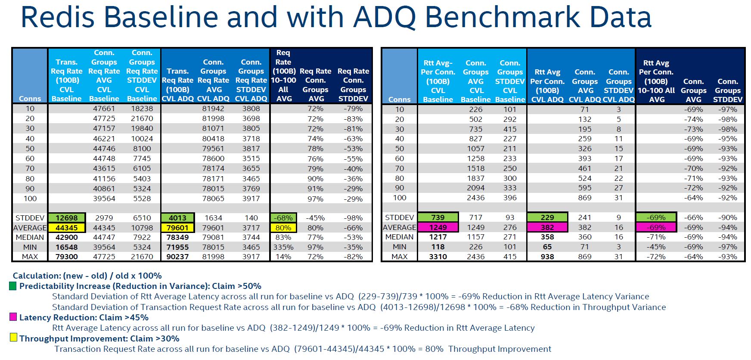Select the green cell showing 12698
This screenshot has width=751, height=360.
(66, 218)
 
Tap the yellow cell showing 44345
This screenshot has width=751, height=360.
(66, 228)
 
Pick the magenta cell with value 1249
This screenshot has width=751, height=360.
(438, 227)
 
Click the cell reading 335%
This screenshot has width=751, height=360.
(283, 247)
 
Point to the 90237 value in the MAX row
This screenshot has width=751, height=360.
(177, 257)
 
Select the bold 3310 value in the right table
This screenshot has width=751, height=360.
(438, 257)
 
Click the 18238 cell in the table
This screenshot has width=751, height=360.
(142, 109)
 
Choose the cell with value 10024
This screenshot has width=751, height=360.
(142, 139)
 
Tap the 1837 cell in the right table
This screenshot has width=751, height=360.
(476, 178)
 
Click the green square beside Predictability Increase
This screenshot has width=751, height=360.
(13, 286)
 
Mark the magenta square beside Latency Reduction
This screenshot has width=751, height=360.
(13, 317)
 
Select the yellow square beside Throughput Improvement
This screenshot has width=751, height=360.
(13, 338)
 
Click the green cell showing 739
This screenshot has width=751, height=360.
(438, 217)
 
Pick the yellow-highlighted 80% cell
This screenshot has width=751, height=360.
(283, 228)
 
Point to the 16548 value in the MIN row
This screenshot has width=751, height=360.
(66, 247)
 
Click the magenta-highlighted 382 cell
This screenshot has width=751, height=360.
(547, 227)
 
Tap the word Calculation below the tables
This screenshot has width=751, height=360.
(37, 276)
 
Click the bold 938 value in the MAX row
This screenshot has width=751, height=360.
(547, 257)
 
